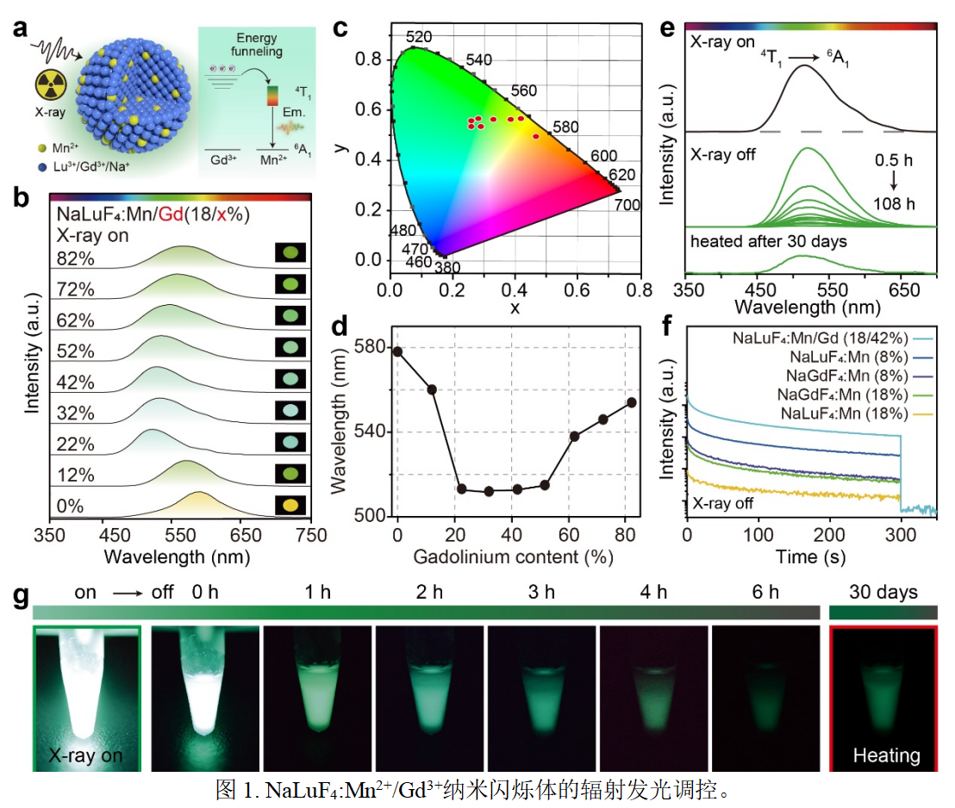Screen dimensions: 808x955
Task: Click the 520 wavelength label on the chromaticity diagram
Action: tap(419, 37)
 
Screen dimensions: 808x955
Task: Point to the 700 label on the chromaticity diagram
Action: tap(627, 206)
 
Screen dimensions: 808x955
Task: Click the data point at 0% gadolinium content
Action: tap(397, 351)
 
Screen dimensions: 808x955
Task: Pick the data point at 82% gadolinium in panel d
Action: tap(631, 402)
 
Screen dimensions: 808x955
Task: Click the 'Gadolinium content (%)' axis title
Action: tap(513, 556)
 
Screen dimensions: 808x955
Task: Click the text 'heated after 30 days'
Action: tap(769, 241)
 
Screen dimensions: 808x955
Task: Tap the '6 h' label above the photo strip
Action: tap(765, 593)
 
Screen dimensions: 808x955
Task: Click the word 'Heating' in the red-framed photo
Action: tap(885, 755)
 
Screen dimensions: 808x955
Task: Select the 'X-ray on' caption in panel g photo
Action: tap(85, 755)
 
